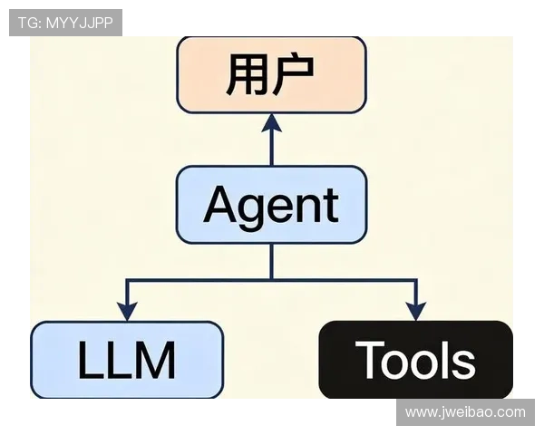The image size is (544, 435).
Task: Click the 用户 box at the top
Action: click(x=272, y=75)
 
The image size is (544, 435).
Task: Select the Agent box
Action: click(x=272, y=205)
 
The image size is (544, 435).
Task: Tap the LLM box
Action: click(x=127, y=360)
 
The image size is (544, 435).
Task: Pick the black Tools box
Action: click(x=415, y=360)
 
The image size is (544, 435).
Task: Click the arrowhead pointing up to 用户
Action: click(x=272, y=123)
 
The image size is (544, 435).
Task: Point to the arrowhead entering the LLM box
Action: click(x=127, y=312)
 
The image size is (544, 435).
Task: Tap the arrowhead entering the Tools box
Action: click(x=416, y=312)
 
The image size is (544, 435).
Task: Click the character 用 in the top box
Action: click(x=247, y=74)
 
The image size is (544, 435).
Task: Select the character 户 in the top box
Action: click(x=294, y=74)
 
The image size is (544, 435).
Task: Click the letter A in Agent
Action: click(x=220, y=206)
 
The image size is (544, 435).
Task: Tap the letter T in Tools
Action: click(x=370, y=359)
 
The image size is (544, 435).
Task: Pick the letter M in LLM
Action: click(x=157, y=360)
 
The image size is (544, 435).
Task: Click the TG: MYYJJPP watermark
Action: click(x=65, y=23)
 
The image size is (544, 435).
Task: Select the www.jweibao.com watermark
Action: click(x=465, y=412)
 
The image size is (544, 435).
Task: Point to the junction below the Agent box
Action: click(x=272, y=279)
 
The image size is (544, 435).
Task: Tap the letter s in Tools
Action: click(x=462, y=363)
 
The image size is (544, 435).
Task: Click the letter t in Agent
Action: click(x=333, y=206)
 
